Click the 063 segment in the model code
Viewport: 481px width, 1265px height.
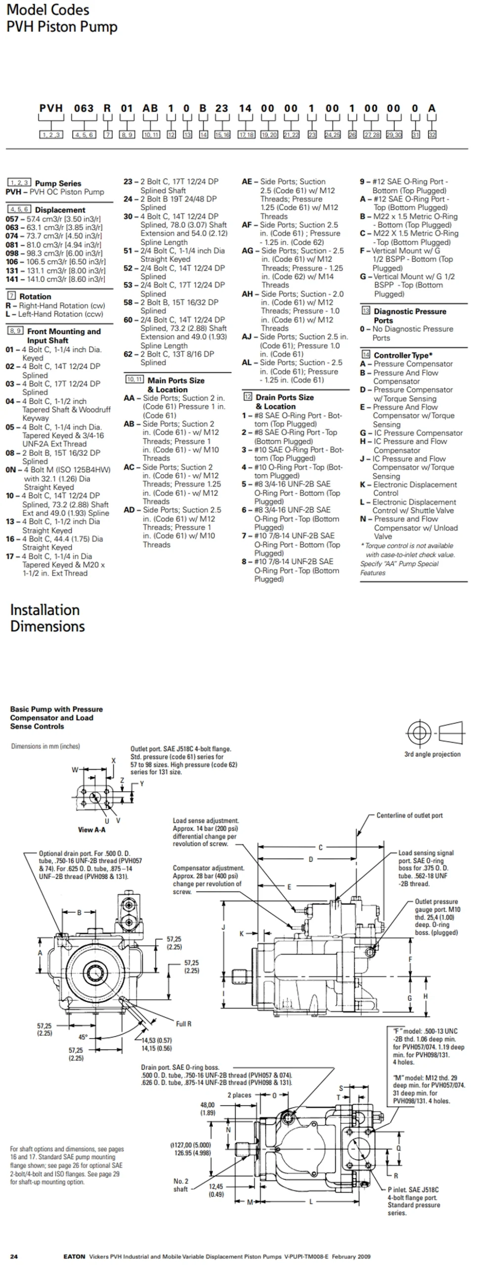point(84,108)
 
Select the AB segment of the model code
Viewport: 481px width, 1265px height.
point(150,108)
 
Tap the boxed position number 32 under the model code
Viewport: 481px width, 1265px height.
point(432,134)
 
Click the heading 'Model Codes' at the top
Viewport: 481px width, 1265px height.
point(48,9)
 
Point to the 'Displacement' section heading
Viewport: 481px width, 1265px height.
point(60,210)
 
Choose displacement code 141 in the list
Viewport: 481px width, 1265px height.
point(12,279)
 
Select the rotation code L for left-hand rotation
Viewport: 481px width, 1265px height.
point(8,314)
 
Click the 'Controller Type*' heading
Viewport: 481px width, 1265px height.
point(403,355)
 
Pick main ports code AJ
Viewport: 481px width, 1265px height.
point(247,337)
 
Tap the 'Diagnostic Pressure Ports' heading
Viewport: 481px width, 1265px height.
point(410,316)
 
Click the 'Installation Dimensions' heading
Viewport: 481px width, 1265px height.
point(47,618)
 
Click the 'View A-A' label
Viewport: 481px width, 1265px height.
point(91,830)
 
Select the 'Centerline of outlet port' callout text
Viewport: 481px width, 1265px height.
point(409,815)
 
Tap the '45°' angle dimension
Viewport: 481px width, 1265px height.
point(83,1037)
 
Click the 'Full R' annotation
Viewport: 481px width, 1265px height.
point(183,1024)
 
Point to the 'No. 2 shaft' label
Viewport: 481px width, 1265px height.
point(180,1185)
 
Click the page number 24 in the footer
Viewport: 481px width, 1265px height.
point(14,1256)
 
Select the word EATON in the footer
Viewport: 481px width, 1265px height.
point(74,1256)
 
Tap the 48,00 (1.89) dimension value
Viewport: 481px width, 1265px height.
point(208,1109)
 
